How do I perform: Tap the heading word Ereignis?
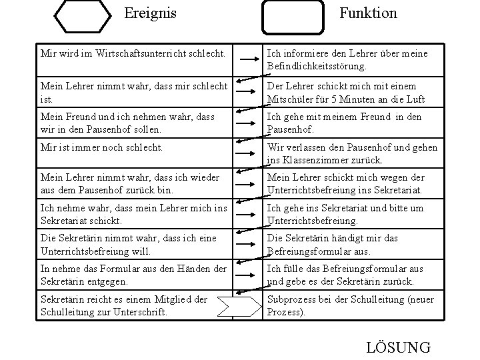(151, 13)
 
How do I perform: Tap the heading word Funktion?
(367, 13)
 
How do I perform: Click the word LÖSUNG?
(399, 347)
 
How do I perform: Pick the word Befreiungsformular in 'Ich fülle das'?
(354, 269)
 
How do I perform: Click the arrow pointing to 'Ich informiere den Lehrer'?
(247, 59)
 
